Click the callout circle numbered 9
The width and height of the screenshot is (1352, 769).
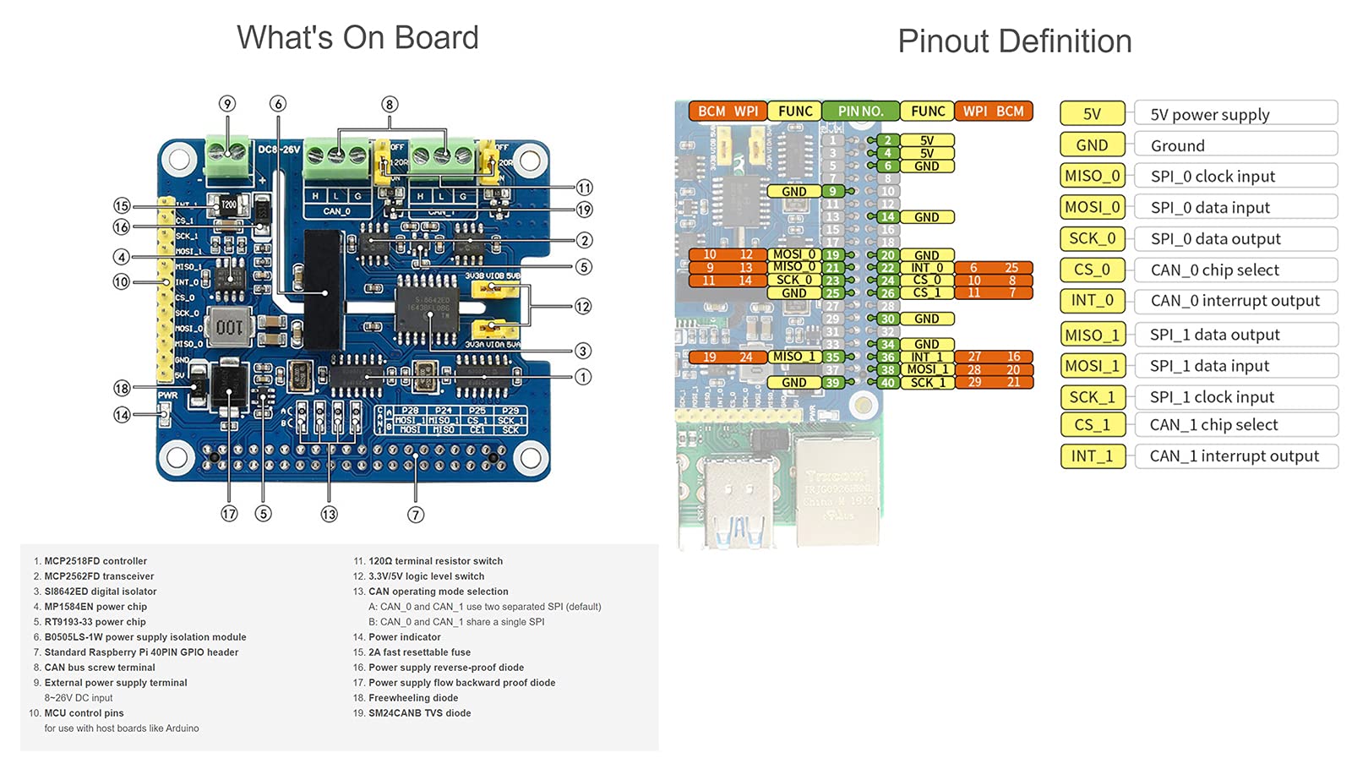click(x=226, y=104)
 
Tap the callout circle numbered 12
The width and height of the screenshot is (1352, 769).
click(x=583, y=307)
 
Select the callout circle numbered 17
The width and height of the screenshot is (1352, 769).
click(x=229, y=514)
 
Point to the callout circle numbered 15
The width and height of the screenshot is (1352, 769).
click(x=122, y=205)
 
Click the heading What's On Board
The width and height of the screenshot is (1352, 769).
click(x=357, y=38)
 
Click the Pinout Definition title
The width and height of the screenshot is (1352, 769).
click(x=1014, y=41)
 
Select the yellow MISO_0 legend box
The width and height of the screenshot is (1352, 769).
click(x=1092, y=176)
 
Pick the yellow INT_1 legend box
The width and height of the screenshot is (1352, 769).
click(x=1092, y=456)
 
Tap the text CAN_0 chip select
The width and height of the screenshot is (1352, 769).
click(x=1214, y=270)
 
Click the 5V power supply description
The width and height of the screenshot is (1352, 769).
click(x=1209, y=114)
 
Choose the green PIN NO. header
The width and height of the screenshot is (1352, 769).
click(x=860, y=111)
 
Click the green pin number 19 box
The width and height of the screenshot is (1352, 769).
click(x=832, y=255)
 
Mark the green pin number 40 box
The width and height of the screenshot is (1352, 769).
click(x=887, y=383)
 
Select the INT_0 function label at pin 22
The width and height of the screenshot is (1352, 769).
click(x=927, y=268)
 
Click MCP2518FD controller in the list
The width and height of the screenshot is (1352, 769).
click(x=95, y=561)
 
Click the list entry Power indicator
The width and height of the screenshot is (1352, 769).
click(x=404, y=637)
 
